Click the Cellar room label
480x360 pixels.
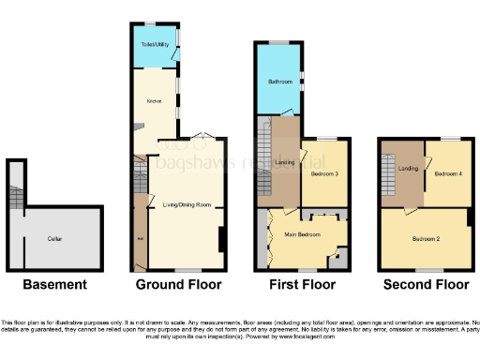point(55,239)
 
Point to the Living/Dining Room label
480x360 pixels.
point(186,204)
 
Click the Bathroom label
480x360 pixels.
point(279,82)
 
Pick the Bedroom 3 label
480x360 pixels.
point(324,174)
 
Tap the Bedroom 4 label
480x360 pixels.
point(449,173)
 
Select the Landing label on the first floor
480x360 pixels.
point(285,163)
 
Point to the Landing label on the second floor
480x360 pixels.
point(408,168)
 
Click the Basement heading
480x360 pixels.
point(55,284)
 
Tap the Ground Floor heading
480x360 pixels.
point(179,284)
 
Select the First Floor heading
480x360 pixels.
point(302,284)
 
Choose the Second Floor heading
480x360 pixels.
point(425,284)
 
